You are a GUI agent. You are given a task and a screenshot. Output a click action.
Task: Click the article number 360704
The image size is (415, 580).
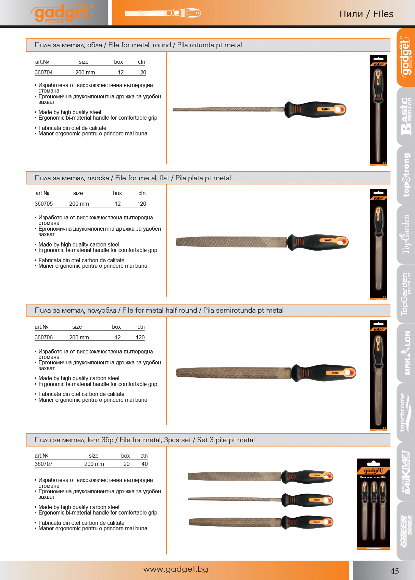[43, 72]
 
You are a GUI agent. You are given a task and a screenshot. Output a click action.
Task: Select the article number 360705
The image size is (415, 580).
[43, 204]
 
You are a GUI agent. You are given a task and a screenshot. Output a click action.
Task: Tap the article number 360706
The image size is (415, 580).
[43, 337]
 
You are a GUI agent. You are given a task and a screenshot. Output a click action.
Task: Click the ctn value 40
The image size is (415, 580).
[144, 464]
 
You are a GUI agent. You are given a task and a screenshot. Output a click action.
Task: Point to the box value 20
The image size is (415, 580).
[126, 464]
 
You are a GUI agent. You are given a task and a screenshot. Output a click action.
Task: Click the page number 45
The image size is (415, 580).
[394, 571]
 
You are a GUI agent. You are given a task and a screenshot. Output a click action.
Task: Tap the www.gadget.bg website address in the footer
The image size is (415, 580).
[175, 569]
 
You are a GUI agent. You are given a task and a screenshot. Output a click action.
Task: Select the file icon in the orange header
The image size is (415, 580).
[163, 13]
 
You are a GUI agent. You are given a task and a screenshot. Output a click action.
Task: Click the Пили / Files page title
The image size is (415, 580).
[366, 14]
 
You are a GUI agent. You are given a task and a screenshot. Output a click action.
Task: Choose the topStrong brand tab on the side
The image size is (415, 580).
[406, 175]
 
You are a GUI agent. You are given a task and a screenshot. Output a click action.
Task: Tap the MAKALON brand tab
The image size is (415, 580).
[406, 353]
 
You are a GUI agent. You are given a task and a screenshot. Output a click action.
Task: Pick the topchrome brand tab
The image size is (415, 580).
[406, 412]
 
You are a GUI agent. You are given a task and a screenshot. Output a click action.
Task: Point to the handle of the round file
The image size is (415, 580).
[315, 110]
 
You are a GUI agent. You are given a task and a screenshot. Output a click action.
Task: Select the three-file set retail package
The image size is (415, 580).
[373, 504]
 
